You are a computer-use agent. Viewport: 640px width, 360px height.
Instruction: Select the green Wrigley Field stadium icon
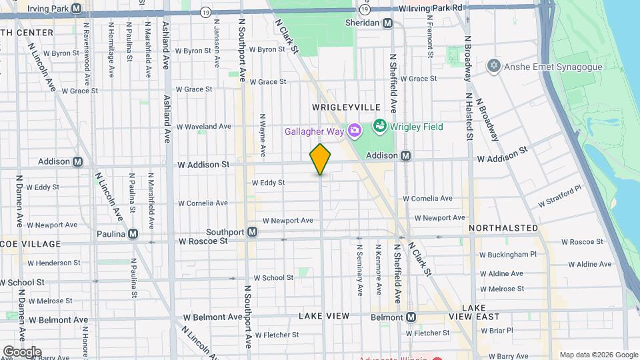380,125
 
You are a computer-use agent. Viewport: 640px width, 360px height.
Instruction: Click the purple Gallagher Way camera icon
355,131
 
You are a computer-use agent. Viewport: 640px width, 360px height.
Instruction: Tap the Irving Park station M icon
76,9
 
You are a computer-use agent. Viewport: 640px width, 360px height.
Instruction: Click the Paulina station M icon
133,233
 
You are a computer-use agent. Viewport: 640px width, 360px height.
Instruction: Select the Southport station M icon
253,232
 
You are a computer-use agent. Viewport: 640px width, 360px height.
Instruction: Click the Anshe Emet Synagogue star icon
493,66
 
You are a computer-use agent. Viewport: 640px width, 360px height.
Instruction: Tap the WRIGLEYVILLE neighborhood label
346,107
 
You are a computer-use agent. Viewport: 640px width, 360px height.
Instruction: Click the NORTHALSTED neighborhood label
503,228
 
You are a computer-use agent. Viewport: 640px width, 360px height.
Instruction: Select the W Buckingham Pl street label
508,254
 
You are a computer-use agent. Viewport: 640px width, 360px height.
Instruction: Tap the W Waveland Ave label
203,126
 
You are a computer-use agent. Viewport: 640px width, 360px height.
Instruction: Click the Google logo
22,351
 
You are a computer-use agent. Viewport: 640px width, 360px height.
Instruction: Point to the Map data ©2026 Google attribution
598,355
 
